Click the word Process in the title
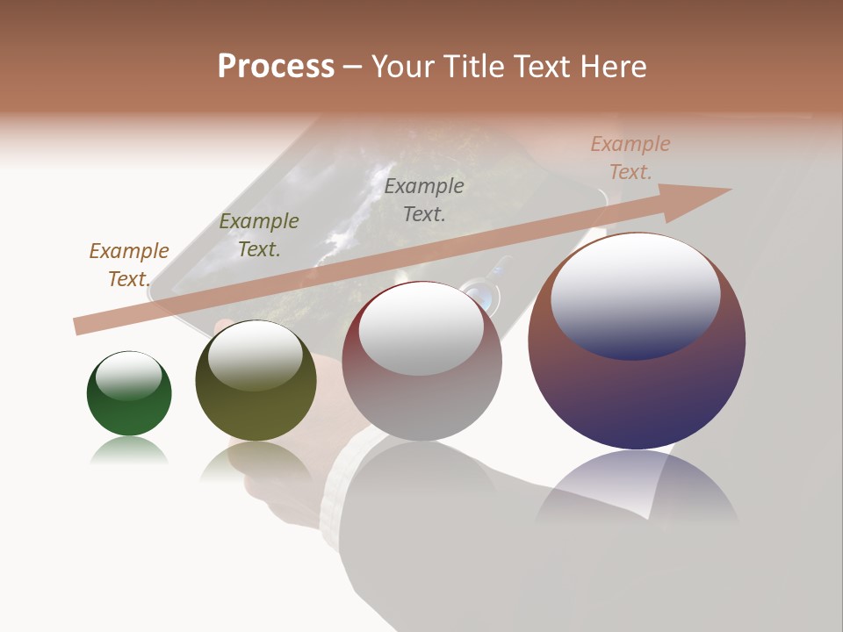276,67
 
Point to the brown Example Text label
129,265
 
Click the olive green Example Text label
259,235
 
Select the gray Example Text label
424,200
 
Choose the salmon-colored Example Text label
630,158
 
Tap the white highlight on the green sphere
129,376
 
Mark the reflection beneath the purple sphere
637,492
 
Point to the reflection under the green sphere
129,451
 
